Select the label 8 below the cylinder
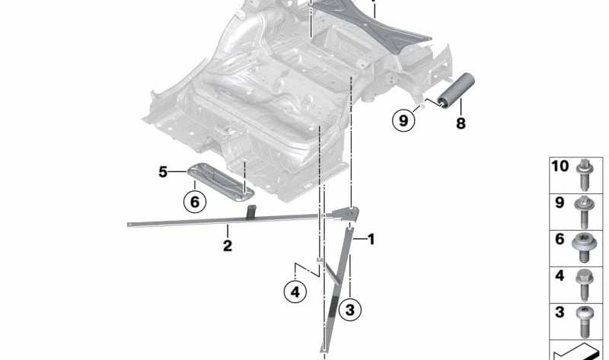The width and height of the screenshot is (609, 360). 461,123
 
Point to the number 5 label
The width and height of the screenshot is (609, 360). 163,173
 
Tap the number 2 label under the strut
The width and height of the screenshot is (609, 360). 227,246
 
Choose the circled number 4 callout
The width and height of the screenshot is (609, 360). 296,292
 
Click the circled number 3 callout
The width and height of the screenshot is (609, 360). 349,310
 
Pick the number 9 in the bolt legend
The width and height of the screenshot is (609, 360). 560,203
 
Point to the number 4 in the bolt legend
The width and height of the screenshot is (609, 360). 560,276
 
